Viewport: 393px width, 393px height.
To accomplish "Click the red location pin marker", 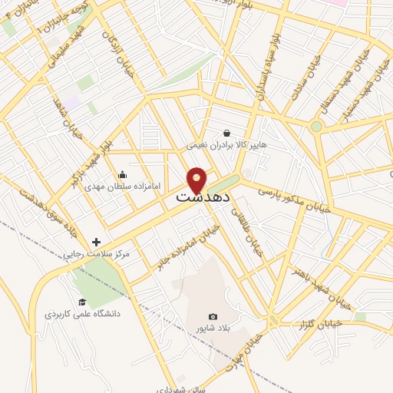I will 197,180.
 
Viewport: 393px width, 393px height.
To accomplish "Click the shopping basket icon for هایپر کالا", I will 226,132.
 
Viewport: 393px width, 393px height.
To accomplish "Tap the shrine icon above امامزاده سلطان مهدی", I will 122,174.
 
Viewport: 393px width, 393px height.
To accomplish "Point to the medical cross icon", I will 96,242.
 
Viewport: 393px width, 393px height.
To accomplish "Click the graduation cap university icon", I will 82,302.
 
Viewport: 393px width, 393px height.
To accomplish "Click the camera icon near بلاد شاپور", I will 213,317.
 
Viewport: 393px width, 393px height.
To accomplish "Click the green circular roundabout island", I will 316,126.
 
